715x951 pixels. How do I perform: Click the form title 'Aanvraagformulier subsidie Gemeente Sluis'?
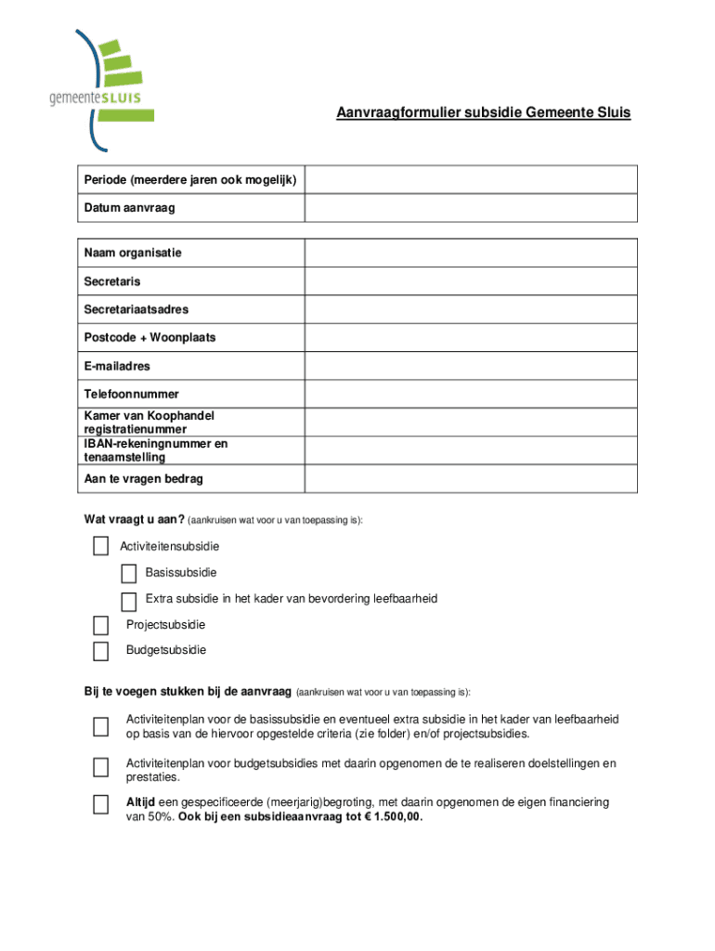click(483, 113)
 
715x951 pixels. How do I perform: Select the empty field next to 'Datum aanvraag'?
click(471, 208)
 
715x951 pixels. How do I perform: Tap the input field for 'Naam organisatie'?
click(471, 253)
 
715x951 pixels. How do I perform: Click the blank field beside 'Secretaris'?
click(471, 281)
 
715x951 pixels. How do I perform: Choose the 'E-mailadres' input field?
click(471, 366)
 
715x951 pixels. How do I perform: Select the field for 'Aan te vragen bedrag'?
click(471, 478)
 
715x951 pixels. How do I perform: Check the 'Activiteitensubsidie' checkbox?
click(100, 546)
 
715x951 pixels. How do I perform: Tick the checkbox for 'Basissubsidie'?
click(129, 573)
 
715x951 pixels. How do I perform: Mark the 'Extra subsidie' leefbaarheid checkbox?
click(129, 601)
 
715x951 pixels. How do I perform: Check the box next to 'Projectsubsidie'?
click(100, 625)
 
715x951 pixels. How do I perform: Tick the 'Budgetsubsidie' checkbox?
click(100, 650)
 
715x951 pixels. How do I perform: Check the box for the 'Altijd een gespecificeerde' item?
click(100, 805)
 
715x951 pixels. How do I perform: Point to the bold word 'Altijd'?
click(141, 801)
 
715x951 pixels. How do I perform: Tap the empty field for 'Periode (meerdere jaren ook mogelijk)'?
click(471, 179)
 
